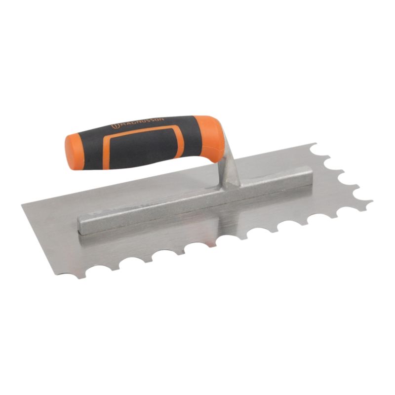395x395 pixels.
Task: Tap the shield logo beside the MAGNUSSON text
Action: click(x=114, y=127)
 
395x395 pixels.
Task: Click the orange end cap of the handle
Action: click(x=72, y=151)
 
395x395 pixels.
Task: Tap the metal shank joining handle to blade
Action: click(x=229, y=168)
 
